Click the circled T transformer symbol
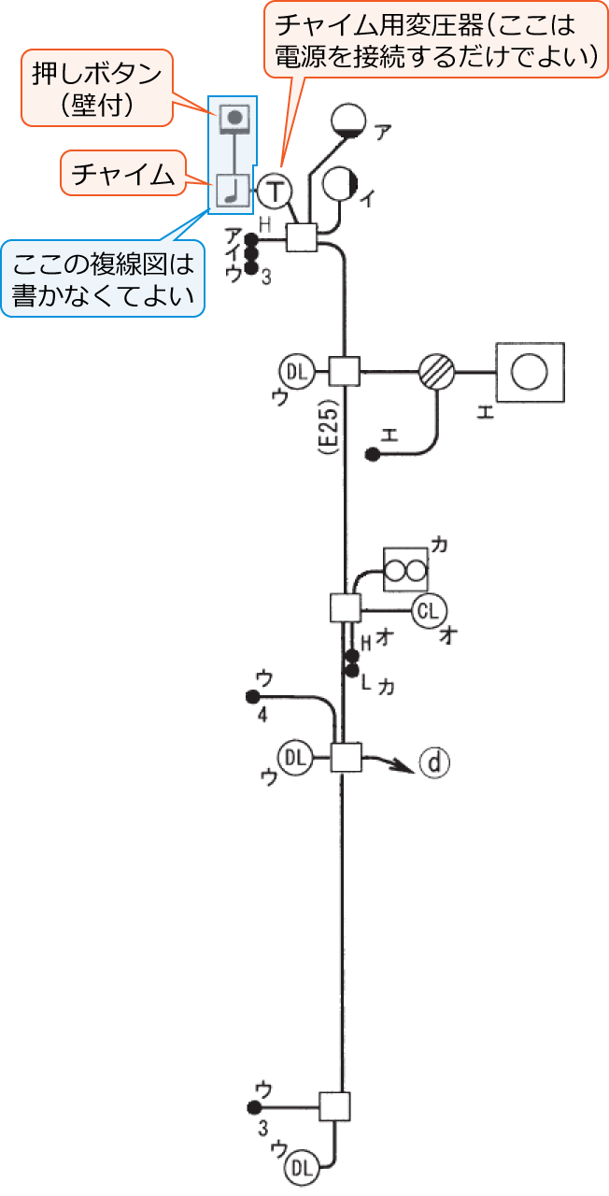[x=275, y=191]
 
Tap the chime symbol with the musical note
[x=232, y=191]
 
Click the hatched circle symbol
[x=436, y=372]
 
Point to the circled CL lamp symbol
[x=428, y=611]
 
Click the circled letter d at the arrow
[x=434, y=763]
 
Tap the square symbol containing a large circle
[x=531, y=372]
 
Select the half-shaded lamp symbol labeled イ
[x=339, y=183]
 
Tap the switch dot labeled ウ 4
[x=251, y=696]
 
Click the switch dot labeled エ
[x=372, y=455]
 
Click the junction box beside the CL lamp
[x=346, y=608]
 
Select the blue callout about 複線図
[x=103, y=279]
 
